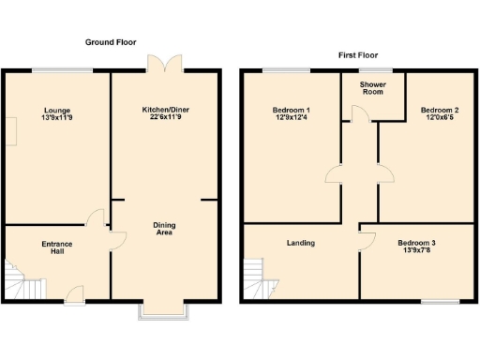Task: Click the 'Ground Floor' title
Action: [111, 43]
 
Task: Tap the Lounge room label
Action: [57, 109]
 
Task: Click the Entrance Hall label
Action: [57, 248]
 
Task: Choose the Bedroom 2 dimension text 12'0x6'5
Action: [439, 118]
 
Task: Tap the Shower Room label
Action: [374, 87]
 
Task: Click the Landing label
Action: [300, 243]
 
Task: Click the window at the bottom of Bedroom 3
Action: [439, 302]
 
